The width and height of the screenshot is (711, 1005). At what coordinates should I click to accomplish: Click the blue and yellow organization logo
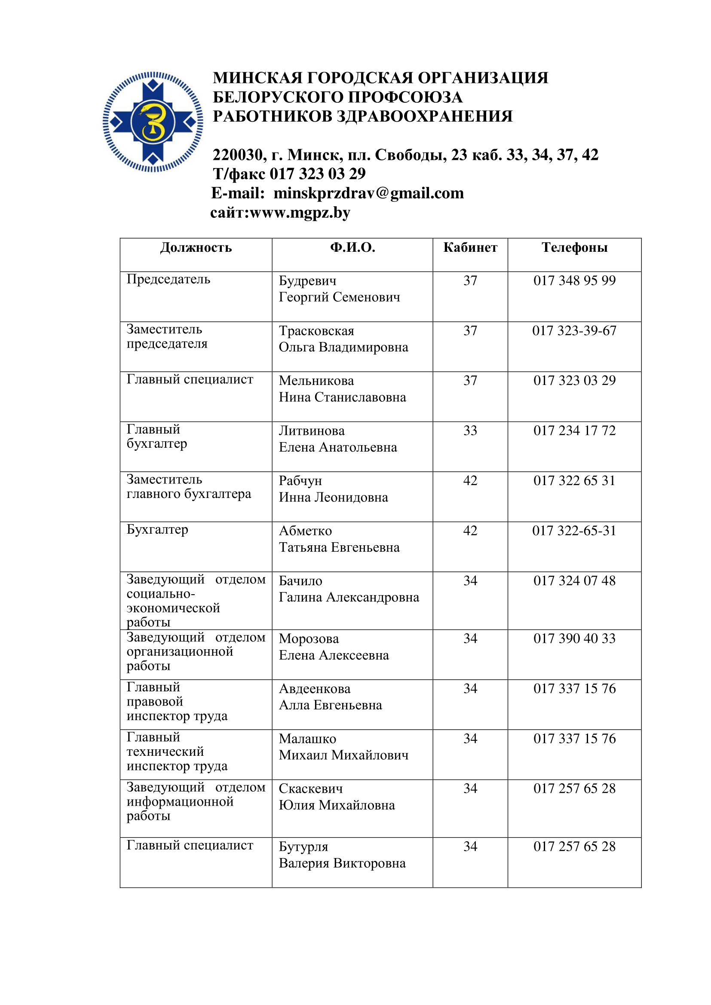click(x=153, y=122)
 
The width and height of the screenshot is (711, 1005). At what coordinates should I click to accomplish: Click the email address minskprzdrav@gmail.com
click(x=369, y=193)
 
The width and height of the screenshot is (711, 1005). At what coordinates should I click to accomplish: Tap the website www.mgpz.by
click(x=300, y=213)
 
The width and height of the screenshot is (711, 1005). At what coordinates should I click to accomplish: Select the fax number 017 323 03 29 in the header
click(x=317, y=174)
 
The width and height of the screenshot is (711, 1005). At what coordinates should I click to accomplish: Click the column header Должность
click(x=196, y=248)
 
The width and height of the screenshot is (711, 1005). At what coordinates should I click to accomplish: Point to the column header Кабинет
click(x=470, y=248)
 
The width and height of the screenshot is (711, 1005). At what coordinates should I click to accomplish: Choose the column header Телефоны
click(x=574, y=248)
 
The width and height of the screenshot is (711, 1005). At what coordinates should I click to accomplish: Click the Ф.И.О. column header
click(x=352, y=248)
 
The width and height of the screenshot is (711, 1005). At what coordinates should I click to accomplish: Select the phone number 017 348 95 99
click(x=574, y=281)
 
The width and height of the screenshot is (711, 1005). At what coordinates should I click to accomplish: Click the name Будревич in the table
click(x=308, y=281)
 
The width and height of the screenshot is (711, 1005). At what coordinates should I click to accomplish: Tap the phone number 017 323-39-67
click(x=574, y=330)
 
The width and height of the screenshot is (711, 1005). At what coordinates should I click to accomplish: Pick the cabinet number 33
click(x=470, y=431)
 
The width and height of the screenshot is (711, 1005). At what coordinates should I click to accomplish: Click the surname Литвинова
click(x=312, y=431)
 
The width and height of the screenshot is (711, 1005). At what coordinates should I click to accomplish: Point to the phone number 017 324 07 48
click(x=574, y=581)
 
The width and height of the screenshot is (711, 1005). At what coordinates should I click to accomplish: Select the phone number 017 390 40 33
click(x=574, y=638)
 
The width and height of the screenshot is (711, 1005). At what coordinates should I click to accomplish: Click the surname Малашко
click(x=307, y=739)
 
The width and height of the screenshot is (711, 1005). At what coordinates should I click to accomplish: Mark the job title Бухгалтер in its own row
click(x=157, y=530)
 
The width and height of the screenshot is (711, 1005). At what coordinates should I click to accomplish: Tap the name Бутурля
click(x=303, y=846)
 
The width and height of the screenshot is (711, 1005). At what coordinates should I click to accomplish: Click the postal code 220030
click(x=238, y=155)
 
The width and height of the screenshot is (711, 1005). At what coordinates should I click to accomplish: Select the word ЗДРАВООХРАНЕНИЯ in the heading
click(x=424, y=116)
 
